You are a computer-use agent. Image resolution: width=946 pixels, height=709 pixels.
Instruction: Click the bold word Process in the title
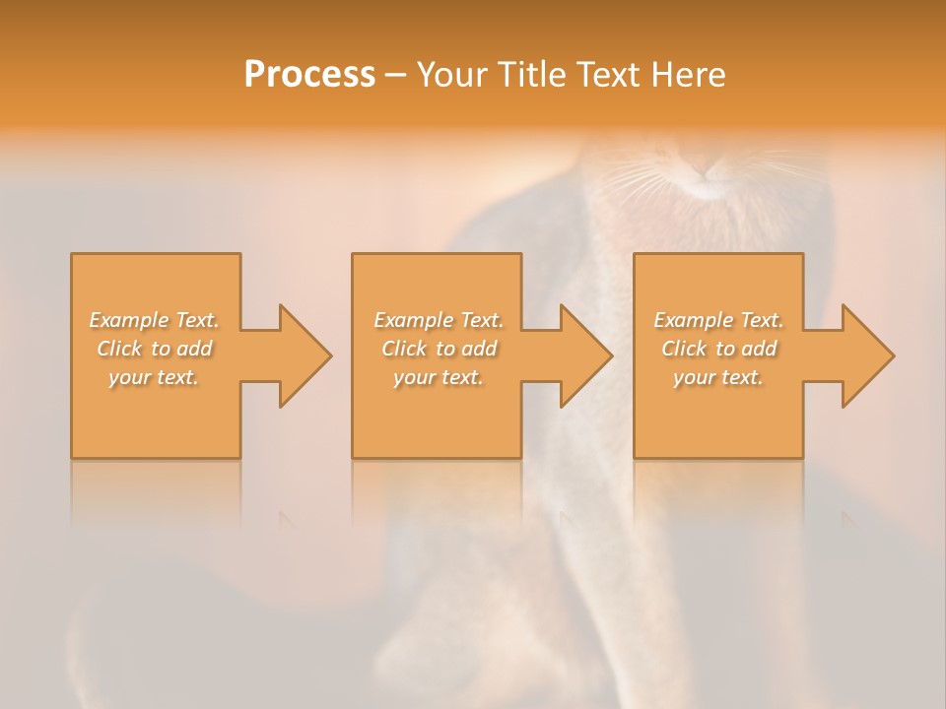(x=309, y=75)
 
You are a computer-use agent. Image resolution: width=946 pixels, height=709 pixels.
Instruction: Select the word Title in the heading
(x=528, y=75)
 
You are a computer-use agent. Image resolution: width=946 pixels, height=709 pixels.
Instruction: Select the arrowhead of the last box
(x=866, y=355)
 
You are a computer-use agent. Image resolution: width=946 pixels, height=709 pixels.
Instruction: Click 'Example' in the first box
(x=128, y=320)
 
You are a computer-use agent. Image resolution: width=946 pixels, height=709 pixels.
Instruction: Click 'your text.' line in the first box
(x=154, y=377)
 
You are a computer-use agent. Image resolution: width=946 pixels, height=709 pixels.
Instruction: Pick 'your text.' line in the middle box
(x=438, y=377)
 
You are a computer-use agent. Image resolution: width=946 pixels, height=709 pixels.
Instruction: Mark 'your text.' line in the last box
(x=718, y=377)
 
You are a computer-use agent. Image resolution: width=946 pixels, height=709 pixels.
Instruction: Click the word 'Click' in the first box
(x=119, y=349)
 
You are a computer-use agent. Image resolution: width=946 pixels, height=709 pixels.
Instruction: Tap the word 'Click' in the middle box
(x=404, y=349)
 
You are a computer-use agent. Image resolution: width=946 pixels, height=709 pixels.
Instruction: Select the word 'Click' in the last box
(x=684, y=349)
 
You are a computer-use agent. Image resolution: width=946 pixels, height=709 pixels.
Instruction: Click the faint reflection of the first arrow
(x=286, y=517)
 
